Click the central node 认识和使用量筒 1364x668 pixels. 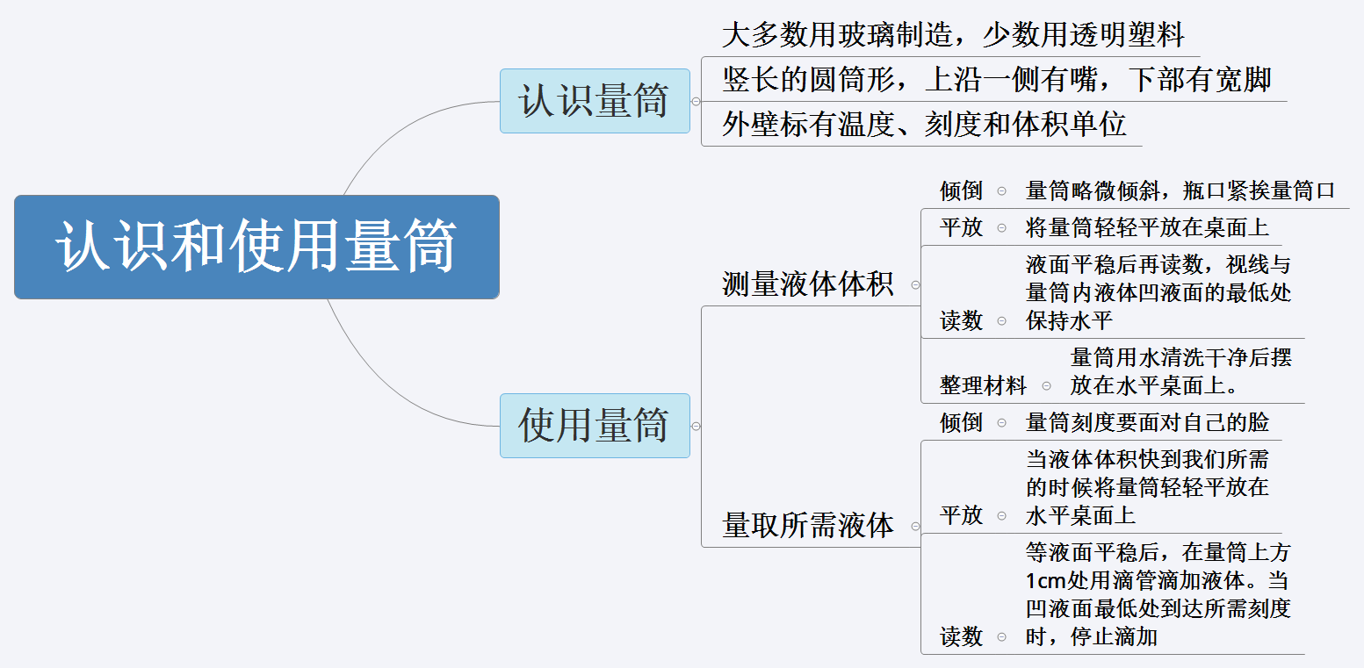[x=256, y=247]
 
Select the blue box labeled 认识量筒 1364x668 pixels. [x=595, y=101]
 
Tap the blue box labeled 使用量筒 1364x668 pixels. [x=595, y=426]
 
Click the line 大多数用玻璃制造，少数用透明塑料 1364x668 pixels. [x=952, y=35]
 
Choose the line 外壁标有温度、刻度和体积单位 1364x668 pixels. [x=923, y=125]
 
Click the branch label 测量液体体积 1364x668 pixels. [x=807, y=284]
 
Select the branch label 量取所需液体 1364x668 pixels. [x=807, y=525]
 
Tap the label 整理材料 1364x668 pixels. [x=983, y=385]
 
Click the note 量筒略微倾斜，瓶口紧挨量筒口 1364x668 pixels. [x=1180, y=190]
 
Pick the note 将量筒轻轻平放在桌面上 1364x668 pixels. [x=1147, y=227]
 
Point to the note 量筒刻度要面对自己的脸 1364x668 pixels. [x=1147, y=422]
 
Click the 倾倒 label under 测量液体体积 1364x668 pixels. [x=961, y=190]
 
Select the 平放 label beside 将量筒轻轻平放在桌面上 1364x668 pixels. [x=961, y=227]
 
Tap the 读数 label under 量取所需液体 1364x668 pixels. [x=961, y=636]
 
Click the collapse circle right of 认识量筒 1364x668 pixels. [x=696, y=101]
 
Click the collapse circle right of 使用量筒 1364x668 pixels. [x=696, y=426]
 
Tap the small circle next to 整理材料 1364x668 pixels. [x=1046, y=385]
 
